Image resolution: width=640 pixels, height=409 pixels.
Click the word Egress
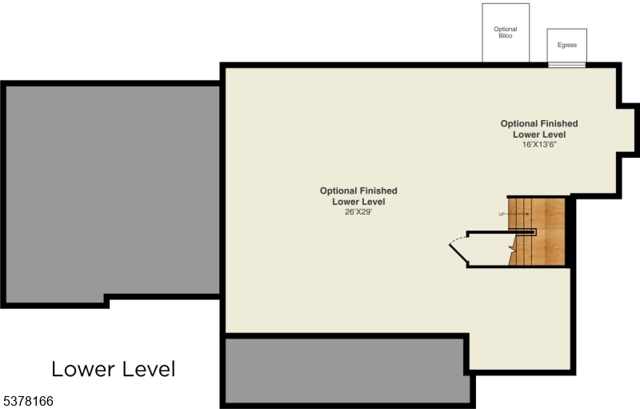567,46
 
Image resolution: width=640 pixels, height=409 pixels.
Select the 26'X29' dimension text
358,212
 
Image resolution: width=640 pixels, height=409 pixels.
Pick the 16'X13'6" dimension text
539,145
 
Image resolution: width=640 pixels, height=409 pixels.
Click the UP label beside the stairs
502,215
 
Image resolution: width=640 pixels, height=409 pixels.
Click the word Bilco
506,36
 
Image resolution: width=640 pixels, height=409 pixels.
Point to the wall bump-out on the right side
629,128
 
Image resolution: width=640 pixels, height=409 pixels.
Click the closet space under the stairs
488,249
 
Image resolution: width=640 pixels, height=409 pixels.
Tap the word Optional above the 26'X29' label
336,190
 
